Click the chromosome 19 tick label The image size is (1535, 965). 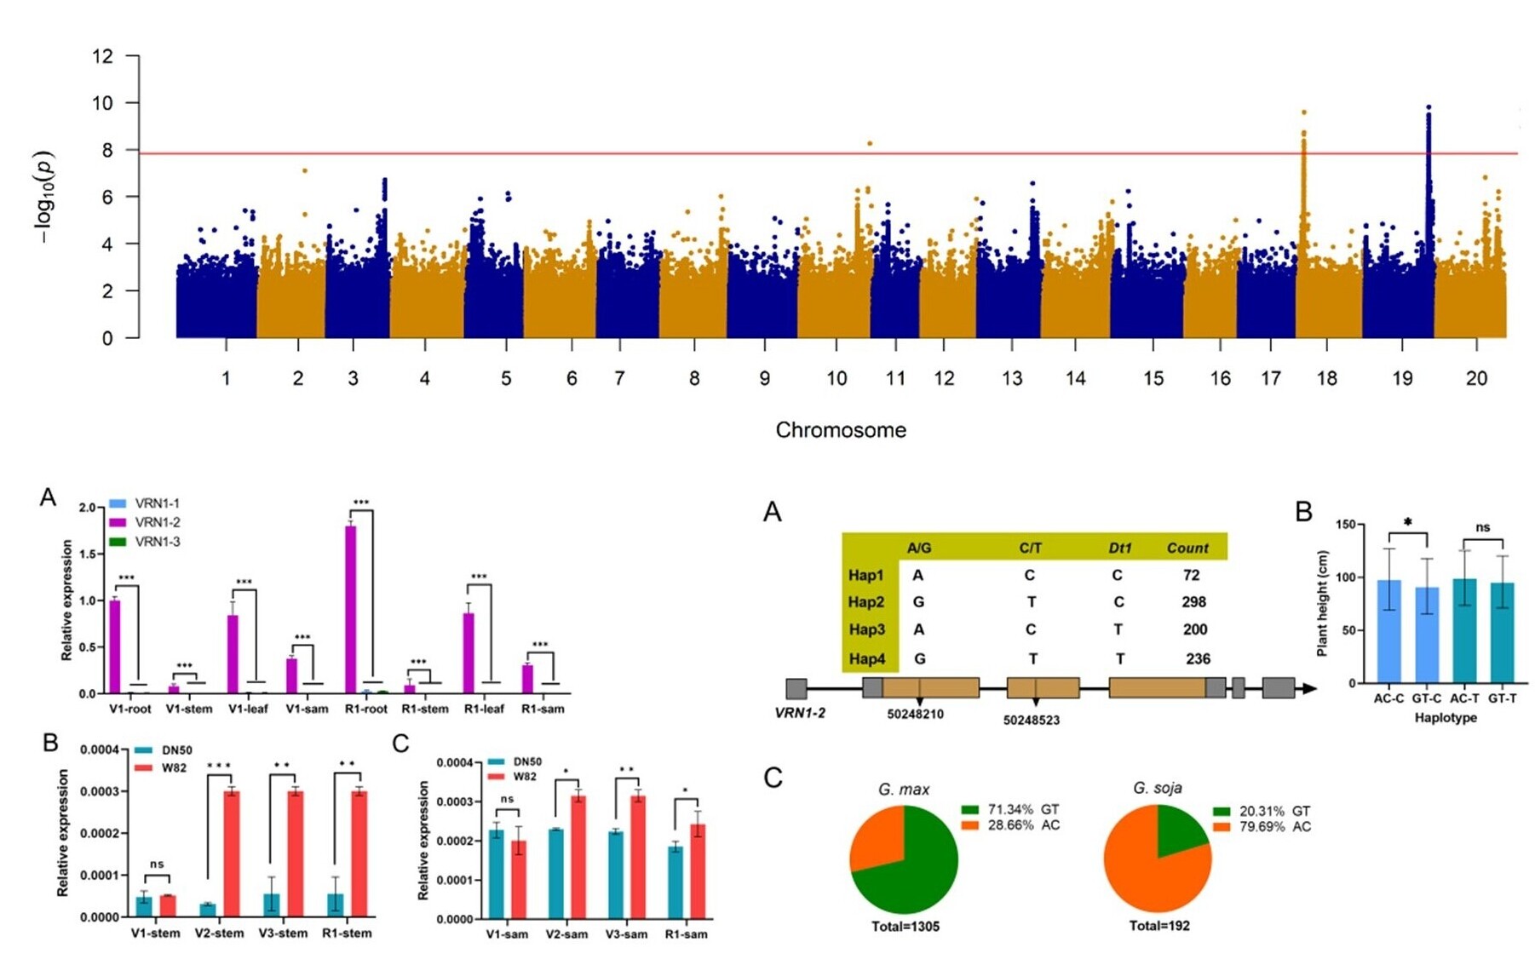pos(1402,378)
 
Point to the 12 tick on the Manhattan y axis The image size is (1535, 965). pos(102,56)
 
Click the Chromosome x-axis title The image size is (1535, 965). pos(840,430)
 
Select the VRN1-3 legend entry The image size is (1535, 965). pos(157,542)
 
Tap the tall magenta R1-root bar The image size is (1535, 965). pos(350,609)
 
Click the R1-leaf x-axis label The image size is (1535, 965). pos(483,709)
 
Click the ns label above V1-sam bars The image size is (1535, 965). pos(507,799)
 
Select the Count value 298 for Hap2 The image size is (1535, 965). pos(1193,602)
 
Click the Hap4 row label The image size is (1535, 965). pos(866,658)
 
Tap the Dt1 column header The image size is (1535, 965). pos(1119,548)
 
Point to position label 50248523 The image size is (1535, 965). pos(1031,721)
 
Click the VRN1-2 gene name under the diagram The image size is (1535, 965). pos(799,713)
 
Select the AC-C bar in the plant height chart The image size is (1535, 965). pos(1388,631)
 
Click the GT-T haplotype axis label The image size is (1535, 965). pos(1502,698)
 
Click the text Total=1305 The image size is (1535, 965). pos(905,927)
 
